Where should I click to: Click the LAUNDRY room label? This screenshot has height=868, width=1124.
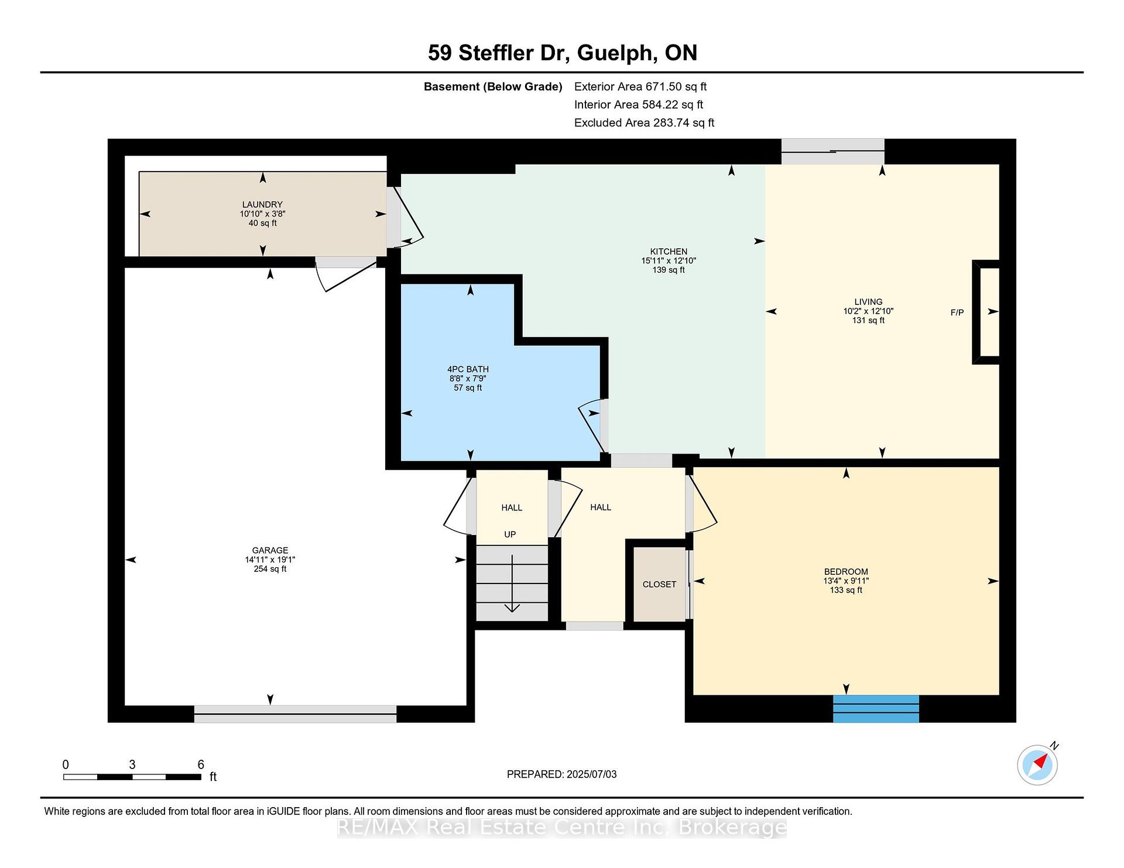click(262, 204)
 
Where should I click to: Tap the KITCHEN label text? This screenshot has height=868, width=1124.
click(669, 251)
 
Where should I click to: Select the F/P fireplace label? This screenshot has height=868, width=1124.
click(957, 313)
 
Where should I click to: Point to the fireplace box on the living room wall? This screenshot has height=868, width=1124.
click(986, 312)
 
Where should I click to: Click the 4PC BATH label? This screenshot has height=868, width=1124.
click(468, 369)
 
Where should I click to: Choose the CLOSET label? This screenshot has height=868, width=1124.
click(659, 584)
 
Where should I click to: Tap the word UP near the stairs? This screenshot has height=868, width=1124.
click(510, 534)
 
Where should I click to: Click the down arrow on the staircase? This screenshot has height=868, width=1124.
click(512, 584)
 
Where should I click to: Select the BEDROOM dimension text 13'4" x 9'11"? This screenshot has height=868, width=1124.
click(846, 581)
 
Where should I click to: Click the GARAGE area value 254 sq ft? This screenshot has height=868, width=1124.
click(270, 569)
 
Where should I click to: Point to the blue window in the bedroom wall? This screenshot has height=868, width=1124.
click(876, 709)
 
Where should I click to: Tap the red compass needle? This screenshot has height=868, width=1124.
click(1040, 761)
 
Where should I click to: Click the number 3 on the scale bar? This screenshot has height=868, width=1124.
click(132, 764)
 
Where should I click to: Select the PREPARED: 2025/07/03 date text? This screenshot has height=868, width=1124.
click(561, 774)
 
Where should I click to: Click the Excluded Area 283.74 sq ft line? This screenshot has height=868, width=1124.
click(644, 123)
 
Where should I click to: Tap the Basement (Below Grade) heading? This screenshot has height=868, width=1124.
click(493, 87)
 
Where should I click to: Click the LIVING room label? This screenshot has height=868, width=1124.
click(868, 302)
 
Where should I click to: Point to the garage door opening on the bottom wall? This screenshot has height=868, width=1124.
click(295, 713)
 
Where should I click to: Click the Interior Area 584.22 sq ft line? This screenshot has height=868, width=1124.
click(638, 105)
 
